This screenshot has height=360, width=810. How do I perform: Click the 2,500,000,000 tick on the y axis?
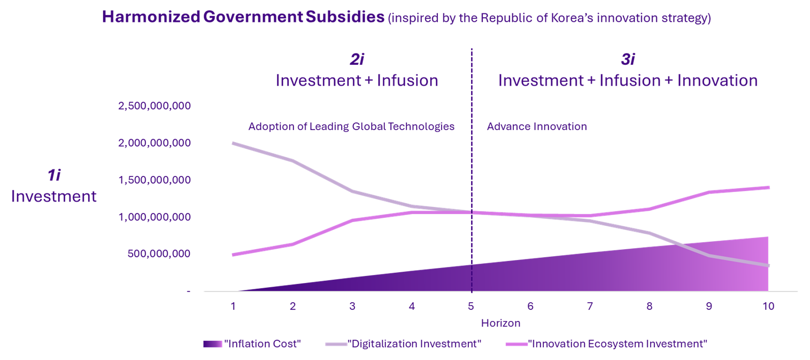(155, 106)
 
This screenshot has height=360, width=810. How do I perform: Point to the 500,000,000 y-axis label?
(159, 254)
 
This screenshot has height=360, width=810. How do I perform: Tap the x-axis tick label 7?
(590, 307)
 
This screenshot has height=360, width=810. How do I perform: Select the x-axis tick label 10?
(768, 307)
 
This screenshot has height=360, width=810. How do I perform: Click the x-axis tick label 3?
(352, 307)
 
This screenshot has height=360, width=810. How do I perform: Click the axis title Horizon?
(500, 323)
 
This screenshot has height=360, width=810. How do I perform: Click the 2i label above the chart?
(357, 60)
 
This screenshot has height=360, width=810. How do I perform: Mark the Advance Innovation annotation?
(537, 127)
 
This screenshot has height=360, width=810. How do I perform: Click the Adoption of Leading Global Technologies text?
(351, 127)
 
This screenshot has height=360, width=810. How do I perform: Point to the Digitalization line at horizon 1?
(234, 143)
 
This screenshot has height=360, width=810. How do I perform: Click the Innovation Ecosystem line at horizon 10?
(768, 187)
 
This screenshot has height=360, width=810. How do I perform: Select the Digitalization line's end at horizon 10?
(768, 265)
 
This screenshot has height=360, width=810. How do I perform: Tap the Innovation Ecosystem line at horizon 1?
(234, 255)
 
